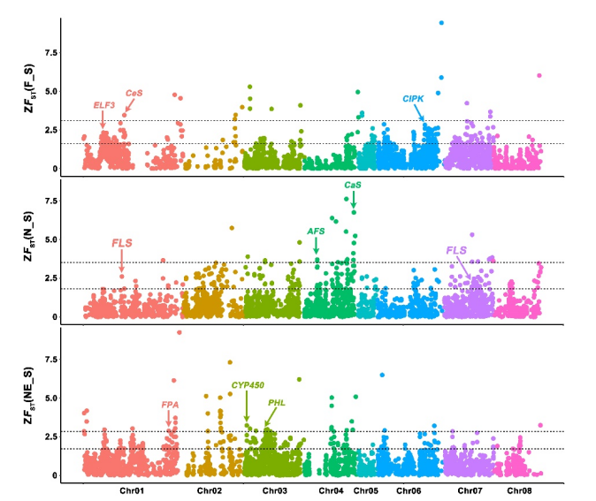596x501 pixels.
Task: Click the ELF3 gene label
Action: click(104, 105)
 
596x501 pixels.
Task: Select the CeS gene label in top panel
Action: click(134, 93)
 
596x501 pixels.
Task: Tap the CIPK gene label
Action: click(413, 99)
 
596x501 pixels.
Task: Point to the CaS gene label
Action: click(352, 185)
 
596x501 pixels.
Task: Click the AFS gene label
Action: click(316, 232)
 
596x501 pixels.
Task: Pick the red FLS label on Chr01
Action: click(122, 243)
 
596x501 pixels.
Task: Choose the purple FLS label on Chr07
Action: click(456, 250)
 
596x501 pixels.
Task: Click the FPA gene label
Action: click(171, 405)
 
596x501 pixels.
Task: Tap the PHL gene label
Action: click(277, 403)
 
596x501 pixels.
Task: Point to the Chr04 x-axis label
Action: click(331, 490)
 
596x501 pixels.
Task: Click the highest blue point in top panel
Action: click(441, 22)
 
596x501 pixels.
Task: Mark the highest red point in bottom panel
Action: click(179, 332)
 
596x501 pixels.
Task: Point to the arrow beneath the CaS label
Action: click(353, 200)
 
